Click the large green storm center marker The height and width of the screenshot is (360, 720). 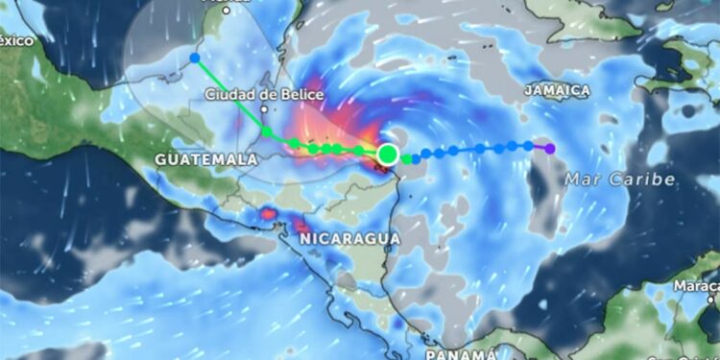point(388,154)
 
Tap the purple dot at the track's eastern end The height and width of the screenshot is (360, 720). point(549,148)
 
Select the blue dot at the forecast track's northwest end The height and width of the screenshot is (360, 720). point(195,58)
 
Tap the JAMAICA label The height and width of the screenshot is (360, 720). point(557,89)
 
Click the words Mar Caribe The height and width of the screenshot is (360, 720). point(619,180)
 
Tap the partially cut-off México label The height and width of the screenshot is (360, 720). point(15,40)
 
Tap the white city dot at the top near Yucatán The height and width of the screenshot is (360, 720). point(226,11)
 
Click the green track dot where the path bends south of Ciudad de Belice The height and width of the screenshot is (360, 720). point(267,132)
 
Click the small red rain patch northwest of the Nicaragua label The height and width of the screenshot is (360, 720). point(267,213)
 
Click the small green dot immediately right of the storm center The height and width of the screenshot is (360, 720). point(407,158)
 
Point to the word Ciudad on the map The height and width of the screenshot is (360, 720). point(228,95)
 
